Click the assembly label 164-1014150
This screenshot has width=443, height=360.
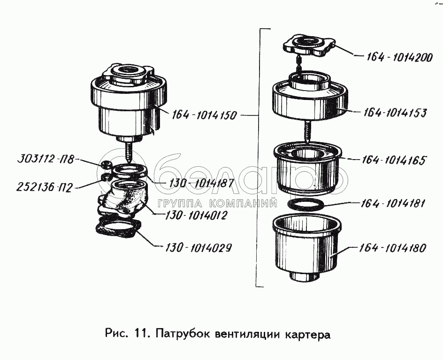tap(204, 115)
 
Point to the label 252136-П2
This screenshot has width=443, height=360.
tap(44, 188)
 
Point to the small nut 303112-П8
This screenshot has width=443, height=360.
tap(106, 164)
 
